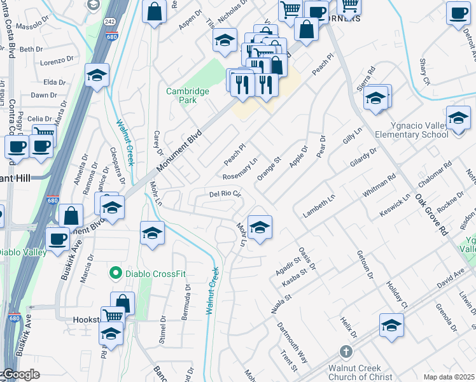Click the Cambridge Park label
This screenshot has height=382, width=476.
click(x=188, y=95)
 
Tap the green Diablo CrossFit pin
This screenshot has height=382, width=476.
click(x=115, y=274)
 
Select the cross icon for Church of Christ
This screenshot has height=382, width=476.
click(x=346, y=351)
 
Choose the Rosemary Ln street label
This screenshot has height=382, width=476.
click(x=240, y=169)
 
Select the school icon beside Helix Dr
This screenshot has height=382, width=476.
click(x=391, y=325)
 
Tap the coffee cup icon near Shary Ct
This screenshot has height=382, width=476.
click(x=458, y=13)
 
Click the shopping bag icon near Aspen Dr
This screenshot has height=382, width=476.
click(x=155, y=11)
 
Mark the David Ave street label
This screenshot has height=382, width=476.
click(x=451, y=277)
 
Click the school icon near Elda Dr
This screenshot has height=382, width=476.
click(x=97, y=77)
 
